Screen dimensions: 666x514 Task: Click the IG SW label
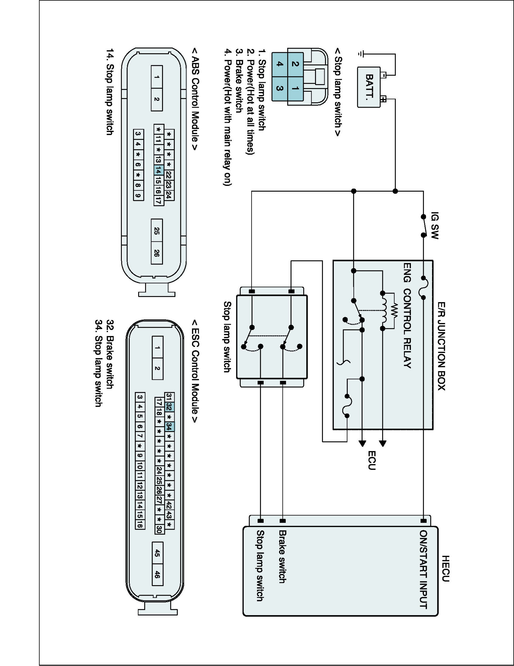point(435,226)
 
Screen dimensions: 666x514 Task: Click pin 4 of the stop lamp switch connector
point(280,64)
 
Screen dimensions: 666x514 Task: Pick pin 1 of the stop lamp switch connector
point(295,88)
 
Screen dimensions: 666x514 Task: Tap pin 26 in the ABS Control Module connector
point(157,253)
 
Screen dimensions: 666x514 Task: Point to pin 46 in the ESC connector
point(157,575)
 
